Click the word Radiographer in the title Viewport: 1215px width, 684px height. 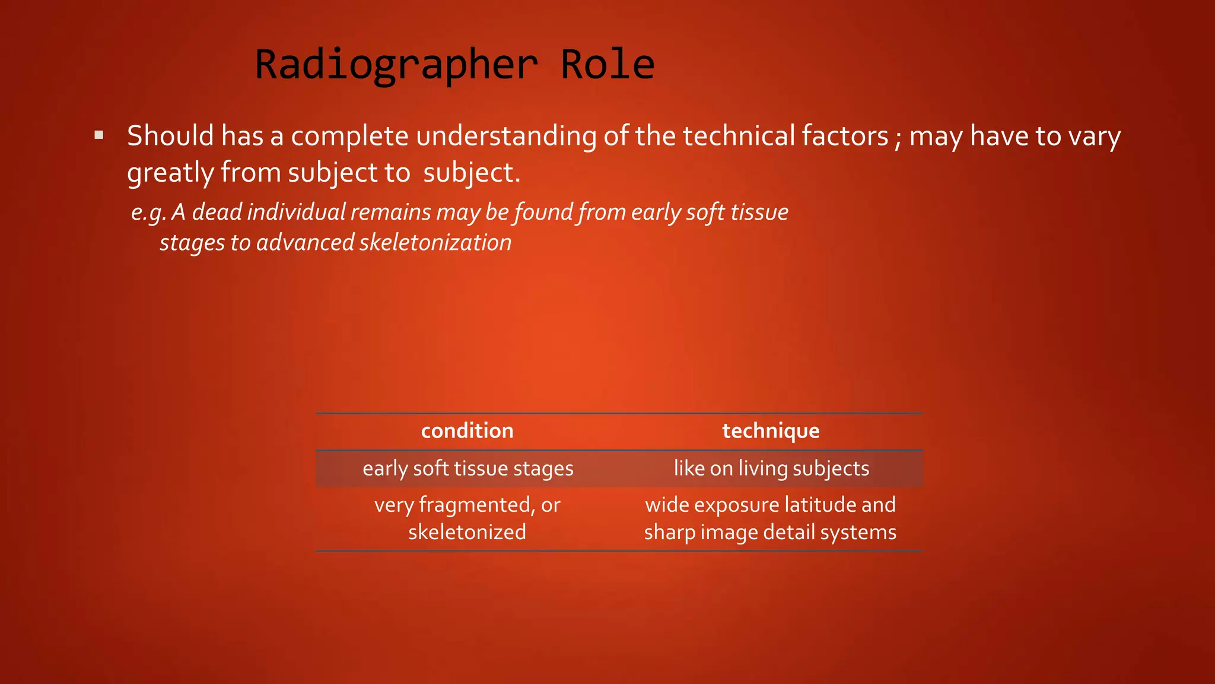pos(396,65)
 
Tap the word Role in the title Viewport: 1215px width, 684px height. pos(607,65)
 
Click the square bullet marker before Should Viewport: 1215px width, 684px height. pos(99,135)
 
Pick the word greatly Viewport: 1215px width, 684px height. pos(170,173)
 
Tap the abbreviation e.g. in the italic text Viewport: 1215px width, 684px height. pos(148,213)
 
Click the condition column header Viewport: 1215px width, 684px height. pos(467,431)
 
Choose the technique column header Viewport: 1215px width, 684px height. pos(771,431)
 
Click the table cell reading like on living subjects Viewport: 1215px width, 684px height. pos(771,468)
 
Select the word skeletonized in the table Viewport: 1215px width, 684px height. pos(467,532)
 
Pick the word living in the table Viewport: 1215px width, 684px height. pos(763,469)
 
